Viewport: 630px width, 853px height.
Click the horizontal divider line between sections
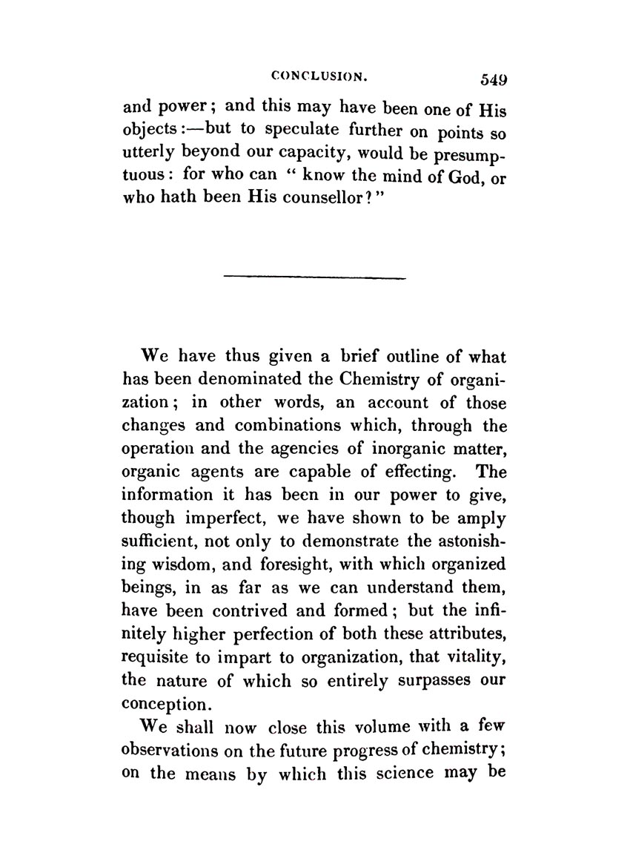[x=314, y=278]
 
